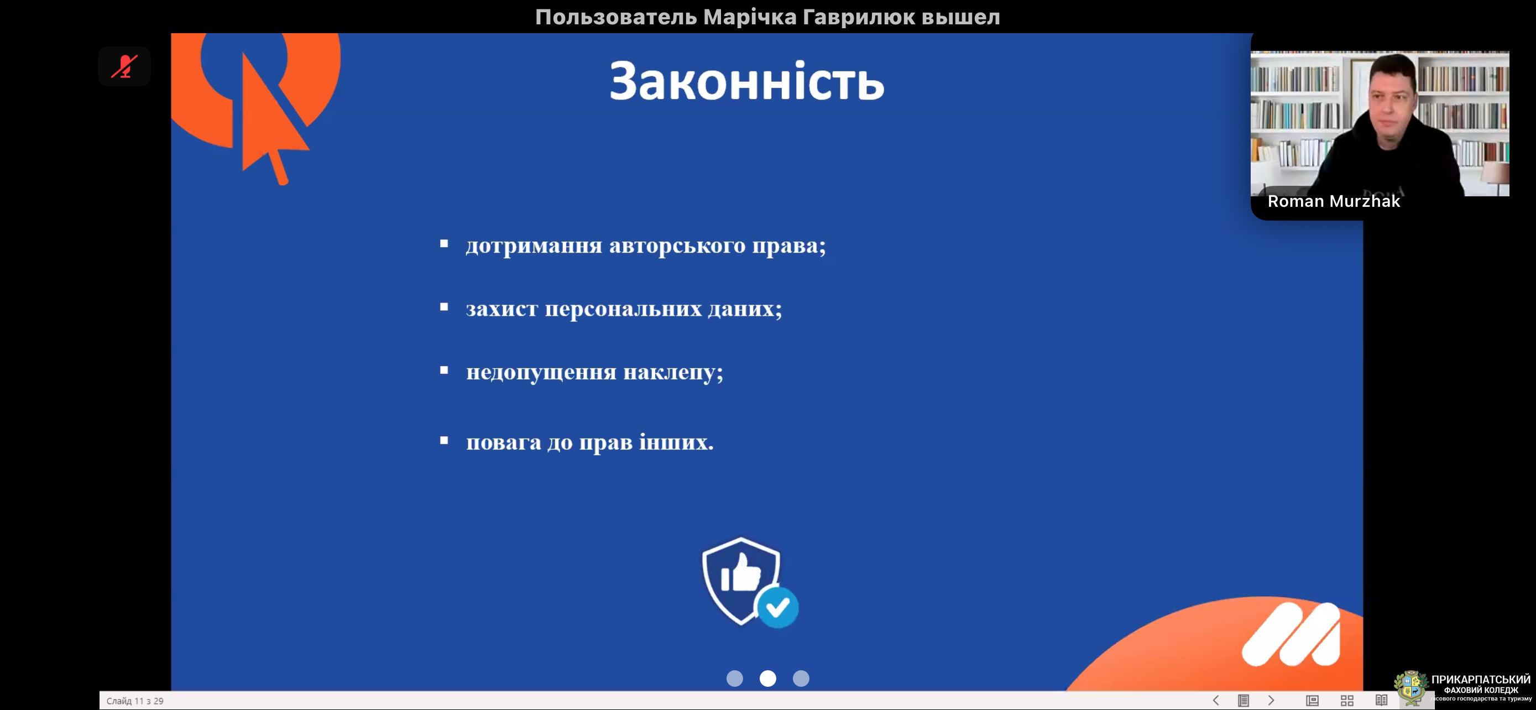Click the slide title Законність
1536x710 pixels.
[x=746, y=81]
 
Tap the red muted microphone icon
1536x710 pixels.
[x=124, y=66]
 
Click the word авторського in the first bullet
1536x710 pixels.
[x=677, y=246]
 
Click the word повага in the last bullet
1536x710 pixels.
[x=504, y=442]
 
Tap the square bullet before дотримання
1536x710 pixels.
[x=444, y=243]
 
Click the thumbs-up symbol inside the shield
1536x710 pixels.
[x=740, y=572]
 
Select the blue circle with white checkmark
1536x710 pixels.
[x=777, y=608]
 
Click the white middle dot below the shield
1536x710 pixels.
[x=768, y=678]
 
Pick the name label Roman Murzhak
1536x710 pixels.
[x=1334, y=201]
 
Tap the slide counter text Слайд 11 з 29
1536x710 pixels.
[x=135, y=701]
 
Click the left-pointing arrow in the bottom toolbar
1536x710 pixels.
[x=1216, y=701]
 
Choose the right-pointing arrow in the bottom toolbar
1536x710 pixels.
[x=1271, y=701]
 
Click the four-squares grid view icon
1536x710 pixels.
[x=1347, y=701]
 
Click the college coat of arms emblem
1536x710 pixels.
[x=1411, y=688]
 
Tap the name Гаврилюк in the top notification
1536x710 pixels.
[x=859, y=17]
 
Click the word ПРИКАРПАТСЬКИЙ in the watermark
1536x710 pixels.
[x=1481, y=680]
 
